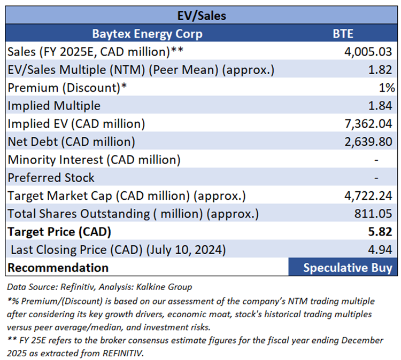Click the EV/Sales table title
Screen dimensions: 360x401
click(201, 15)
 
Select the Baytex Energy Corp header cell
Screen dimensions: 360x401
click(147, 34)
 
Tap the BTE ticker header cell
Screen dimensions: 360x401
click(343, 34)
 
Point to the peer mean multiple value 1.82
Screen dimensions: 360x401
click(383, 70)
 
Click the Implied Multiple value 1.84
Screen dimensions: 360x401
click(383, 106)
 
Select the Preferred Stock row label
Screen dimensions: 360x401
click(51, 178)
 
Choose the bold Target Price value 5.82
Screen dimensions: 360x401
click(383, 232)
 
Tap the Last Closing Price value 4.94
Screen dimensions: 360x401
click(383, 249)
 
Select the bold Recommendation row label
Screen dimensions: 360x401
click(58, 268)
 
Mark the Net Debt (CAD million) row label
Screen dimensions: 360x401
click(71, 142)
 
